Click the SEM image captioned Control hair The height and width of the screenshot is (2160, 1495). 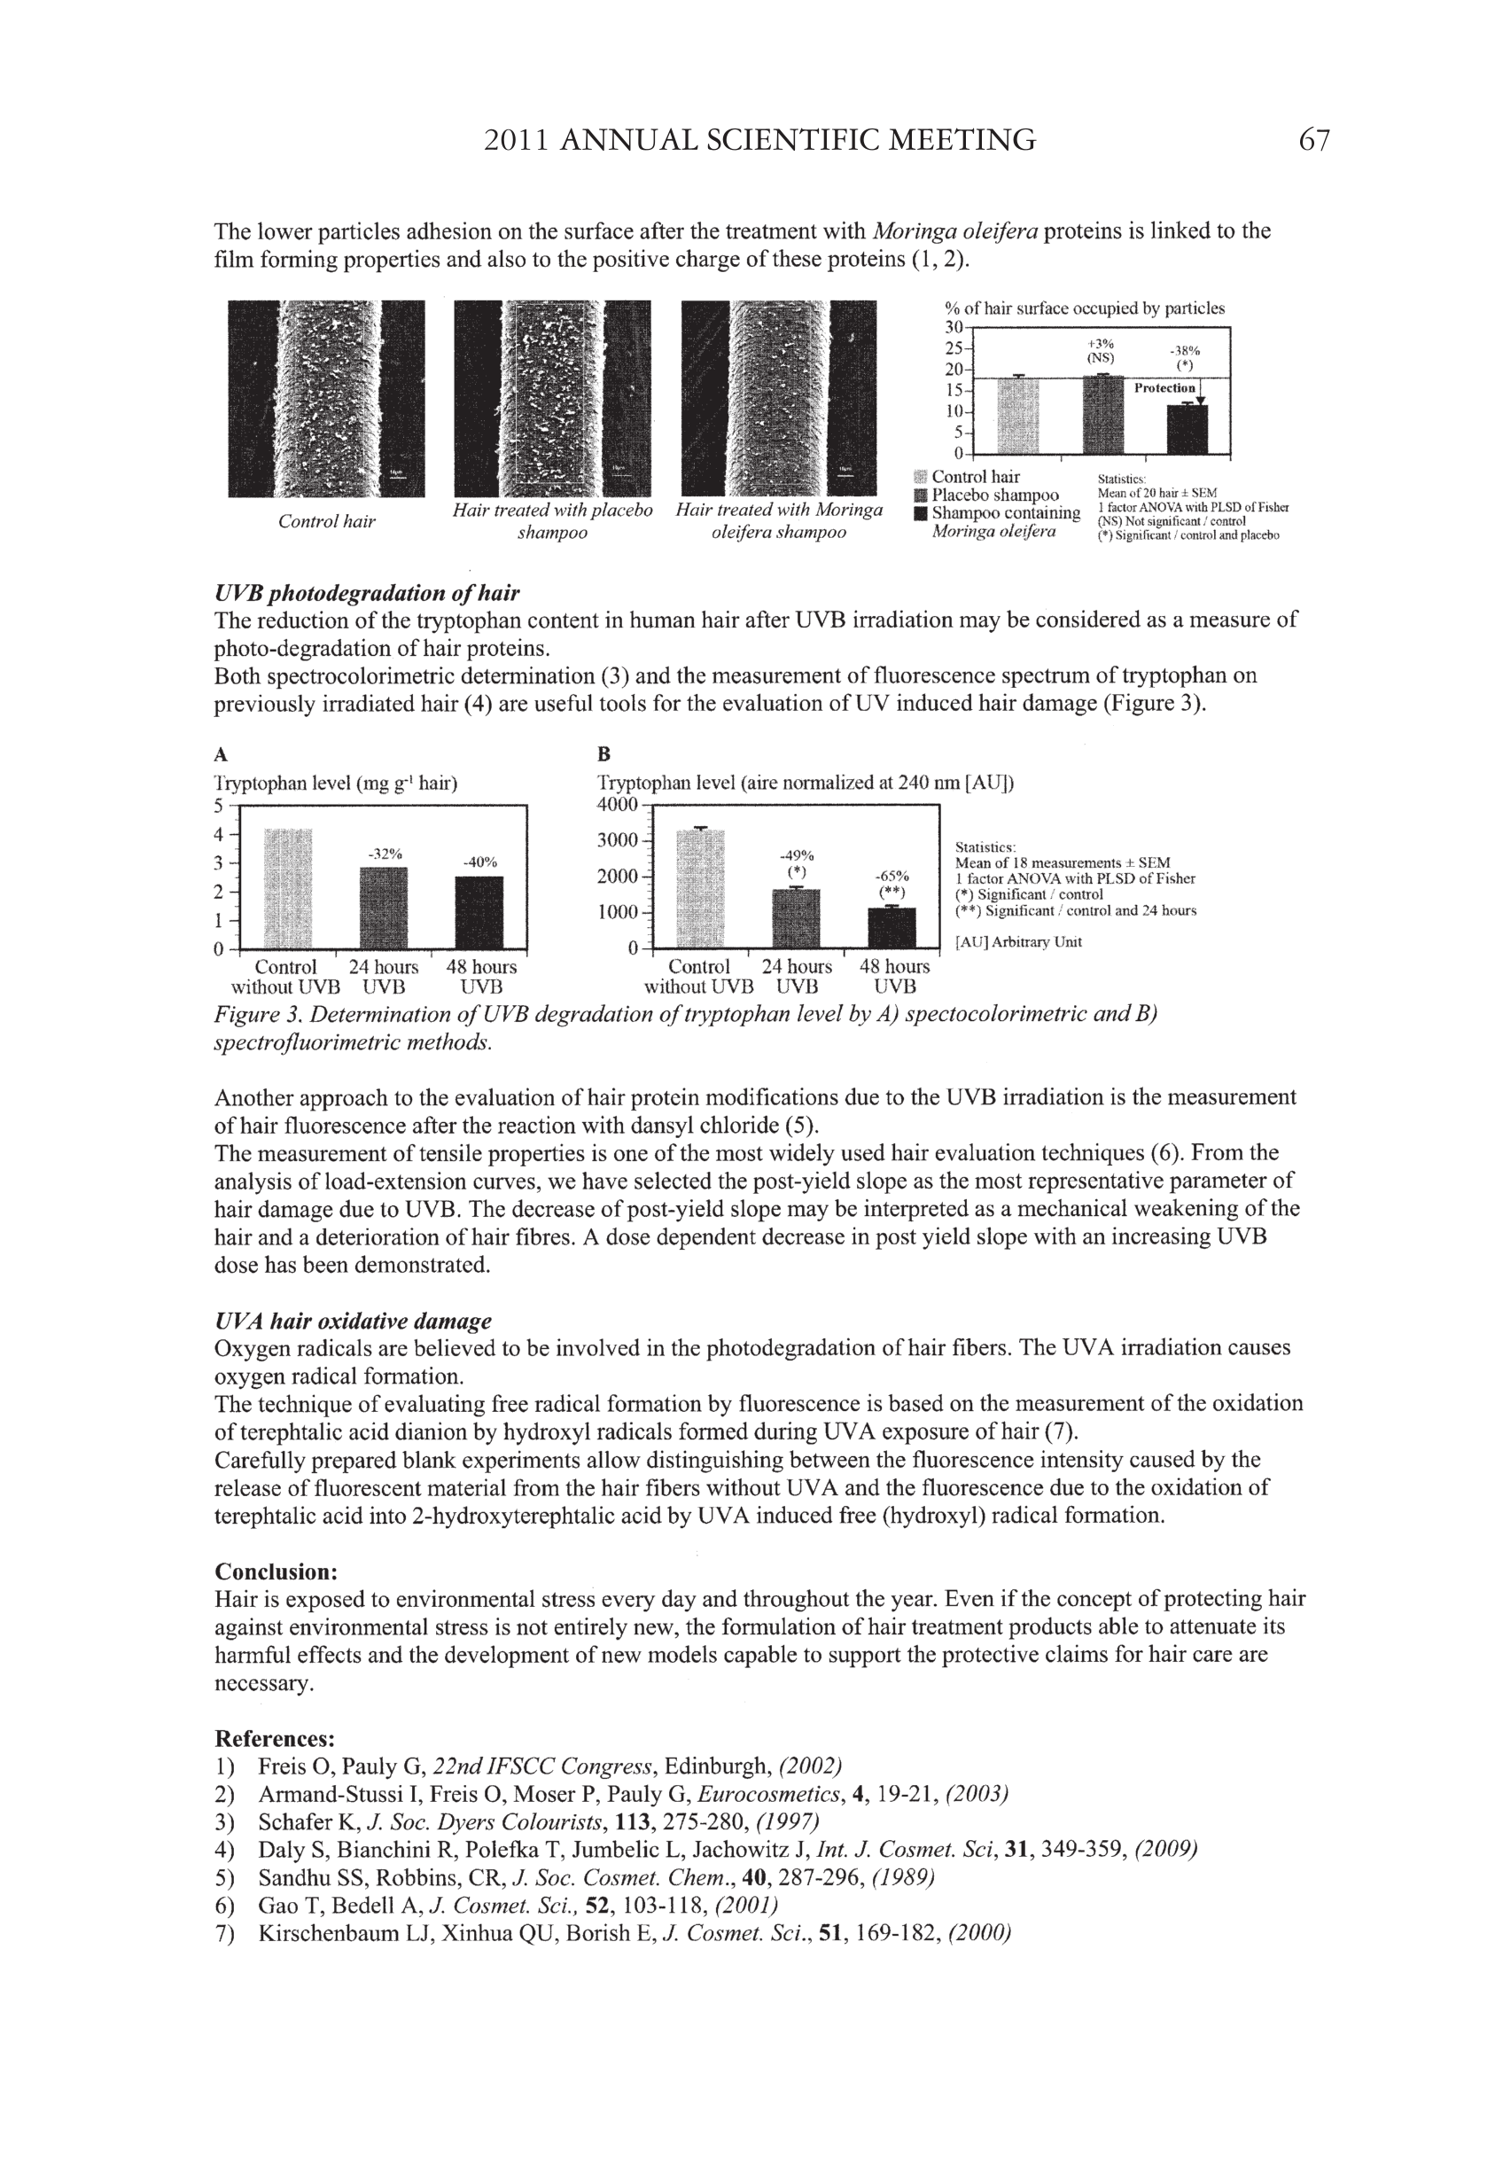(326, 398)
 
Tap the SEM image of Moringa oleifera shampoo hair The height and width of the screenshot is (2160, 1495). (778, 398)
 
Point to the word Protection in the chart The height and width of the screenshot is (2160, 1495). (1164, 388)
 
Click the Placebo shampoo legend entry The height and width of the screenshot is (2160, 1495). (995, 495)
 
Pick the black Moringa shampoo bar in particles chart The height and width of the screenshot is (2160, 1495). (1187, 428)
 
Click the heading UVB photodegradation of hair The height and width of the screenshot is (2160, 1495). (366, 593)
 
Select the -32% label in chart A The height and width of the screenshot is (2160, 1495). (384, 854)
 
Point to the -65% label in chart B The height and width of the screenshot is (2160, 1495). (891, 876)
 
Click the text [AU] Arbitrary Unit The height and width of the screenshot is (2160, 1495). (1018, 942)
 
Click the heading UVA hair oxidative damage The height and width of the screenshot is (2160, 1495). (352, 1321)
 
